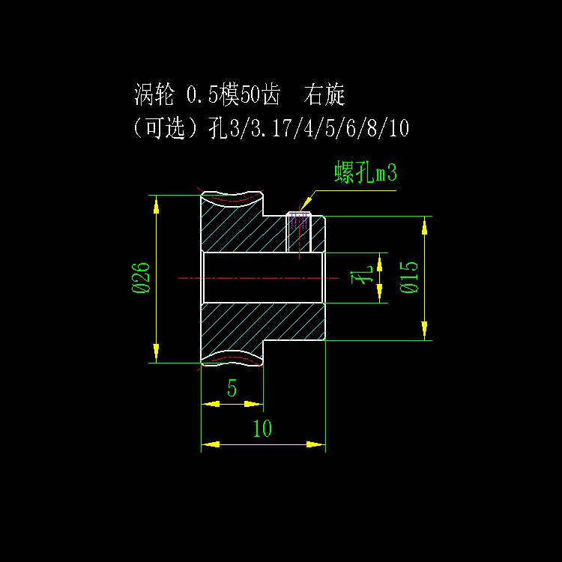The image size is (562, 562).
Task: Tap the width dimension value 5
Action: (x=232, y=388)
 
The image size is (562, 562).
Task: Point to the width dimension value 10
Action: (x=262, y=429)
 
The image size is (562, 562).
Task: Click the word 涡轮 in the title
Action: (x=154, y=95)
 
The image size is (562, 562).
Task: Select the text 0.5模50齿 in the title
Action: (x=232, y=95)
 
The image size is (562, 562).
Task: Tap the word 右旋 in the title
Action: (x=324, y=95)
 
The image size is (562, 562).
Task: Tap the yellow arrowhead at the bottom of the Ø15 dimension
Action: (x=425, y=330)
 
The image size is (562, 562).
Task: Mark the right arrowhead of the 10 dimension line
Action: (x=315, y=444)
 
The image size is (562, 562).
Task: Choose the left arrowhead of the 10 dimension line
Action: (x=211, y=444)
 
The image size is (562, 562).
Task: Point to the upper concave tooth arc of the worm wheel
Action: (x=232, y=199)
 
